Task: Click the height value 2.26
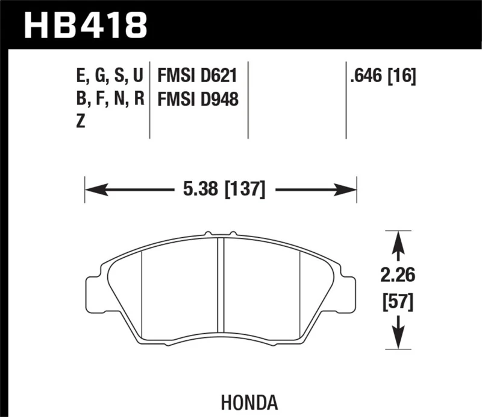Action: pos(397,276)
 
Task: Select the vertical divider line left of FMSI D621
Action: pos(149,100)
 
